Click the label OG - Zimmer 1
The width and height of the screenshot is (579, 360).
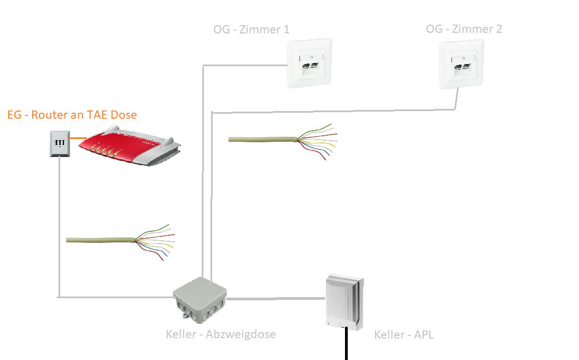pyautogui.click(x=251, y=29)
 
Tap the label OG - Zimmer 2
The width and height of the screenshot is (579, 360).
pyautogui.click(x=464, y=29)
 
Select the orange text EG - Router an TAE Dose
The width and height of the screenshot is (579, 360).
pyautogui.click(x=72, y=114)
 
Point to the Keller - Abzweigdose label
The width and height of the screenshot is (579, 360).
pyautogui.click(x=220, y=334)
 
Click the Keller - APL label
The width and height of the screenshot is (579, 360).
pyautogui.click(x=403, y=334)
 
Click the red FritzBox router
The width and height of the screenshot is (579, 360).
pyautogui.click(x=129, y=146)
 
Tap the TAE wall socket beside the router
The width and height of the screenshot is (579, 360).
pyautogui.click(x=60, y=143)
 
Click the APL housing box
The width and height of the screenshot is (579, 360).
pyautogui.click(x=344, y=302)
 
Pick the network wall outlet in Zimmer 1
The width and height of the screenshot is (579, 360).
pyautogui.click(x=309, y=63)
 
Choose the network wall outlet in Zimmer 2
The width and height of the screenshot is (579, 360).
pyautogui.click(x=461, y=65)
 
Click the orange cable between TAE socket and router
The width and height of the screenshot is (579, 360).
pyautogui.click(x=78, y=138)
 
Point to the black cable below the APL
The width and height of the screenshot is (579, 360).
pyautogui.click(x=347, y=344)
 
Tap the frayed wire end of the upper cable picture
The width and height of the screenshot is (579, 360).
pyautogui.click(x=318, y=142)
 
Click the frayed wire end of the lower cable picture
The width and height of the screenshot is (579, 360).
pyautogui.click(x=155, y=242)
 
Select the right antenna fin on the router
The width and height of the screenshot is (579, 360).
pyautogui.click(x=167, y=142)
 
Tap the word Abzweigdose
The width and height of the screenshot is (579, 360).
pyautogui.click(x=241, y=334)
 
